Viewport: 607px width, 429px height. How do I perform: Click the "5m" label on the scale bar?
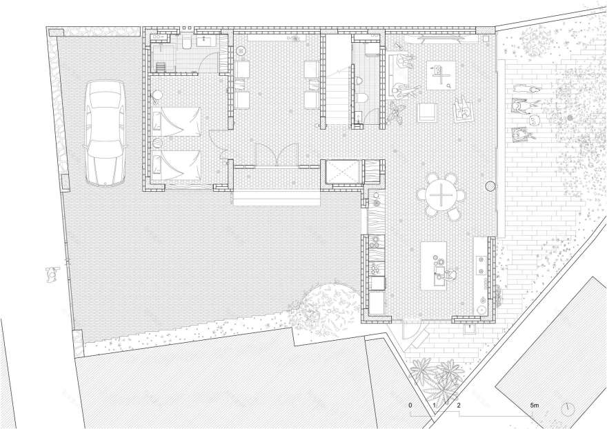click(535, 404)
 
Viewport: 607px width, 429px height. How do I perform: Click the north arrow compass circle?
click(568, 408)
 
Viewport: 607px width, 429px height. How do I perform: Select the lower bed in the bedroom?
click(178, 163)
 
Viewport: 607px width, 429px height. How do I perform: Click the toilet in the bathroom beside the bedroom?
click(186, 43)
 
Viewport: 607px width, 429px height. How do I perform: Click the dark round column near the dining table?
click(490, 186)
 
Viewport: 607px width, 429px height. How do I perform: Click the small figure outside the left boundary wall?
click(50, 274)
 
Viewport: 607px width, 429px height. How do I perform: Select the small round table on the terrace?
click(533, 120)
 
